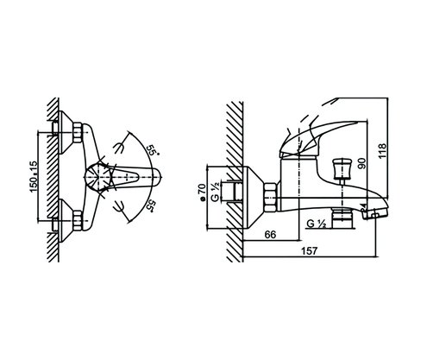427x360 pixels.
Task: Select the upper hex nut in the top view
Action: pyautogui.click(x=76, y=133)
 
